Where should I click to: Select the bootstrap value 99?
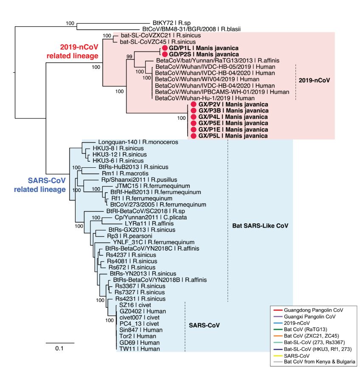[x=129, y=56]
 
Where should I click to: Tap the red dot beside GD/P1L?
[x=165, y=48]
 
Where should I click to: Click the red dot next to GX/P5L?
[x=194, y=136]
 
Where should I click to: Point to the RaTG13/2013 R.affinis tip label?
[x=218, y=60]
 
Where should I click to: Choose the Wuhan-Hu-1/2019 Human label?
[x=205, y=98]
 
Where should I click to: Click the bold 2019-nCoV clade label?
[x=314, y=80]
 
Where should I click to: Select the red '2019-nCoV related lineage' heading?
[x=72, y=51]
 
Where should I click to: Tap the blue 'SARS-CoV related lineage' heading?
[x=40, y=185]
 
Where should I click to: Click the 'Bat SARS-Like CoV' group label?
[x=260, y=225]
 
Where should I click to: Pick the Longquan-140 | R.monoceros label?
[x=138, y=142]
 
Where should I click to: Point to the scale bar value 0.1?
[x=59, y=348]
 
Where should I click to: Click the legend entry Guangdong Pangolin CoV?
[x=313, y=310]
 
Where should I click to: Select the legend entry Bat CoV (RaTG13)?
[x=305, y=329]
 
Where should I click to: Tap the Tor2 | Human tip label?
[x=138, y=336]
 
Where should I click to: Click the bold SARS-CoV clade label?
[x=204, y=325]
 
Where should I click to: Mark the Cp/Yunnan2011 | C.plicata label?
[x=151, y=217]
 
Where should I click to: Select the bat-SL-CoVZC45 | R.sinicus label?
[x=157, y=42]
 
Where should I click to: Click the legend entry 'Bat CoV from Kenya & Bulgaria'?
[x=319, y=362]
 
